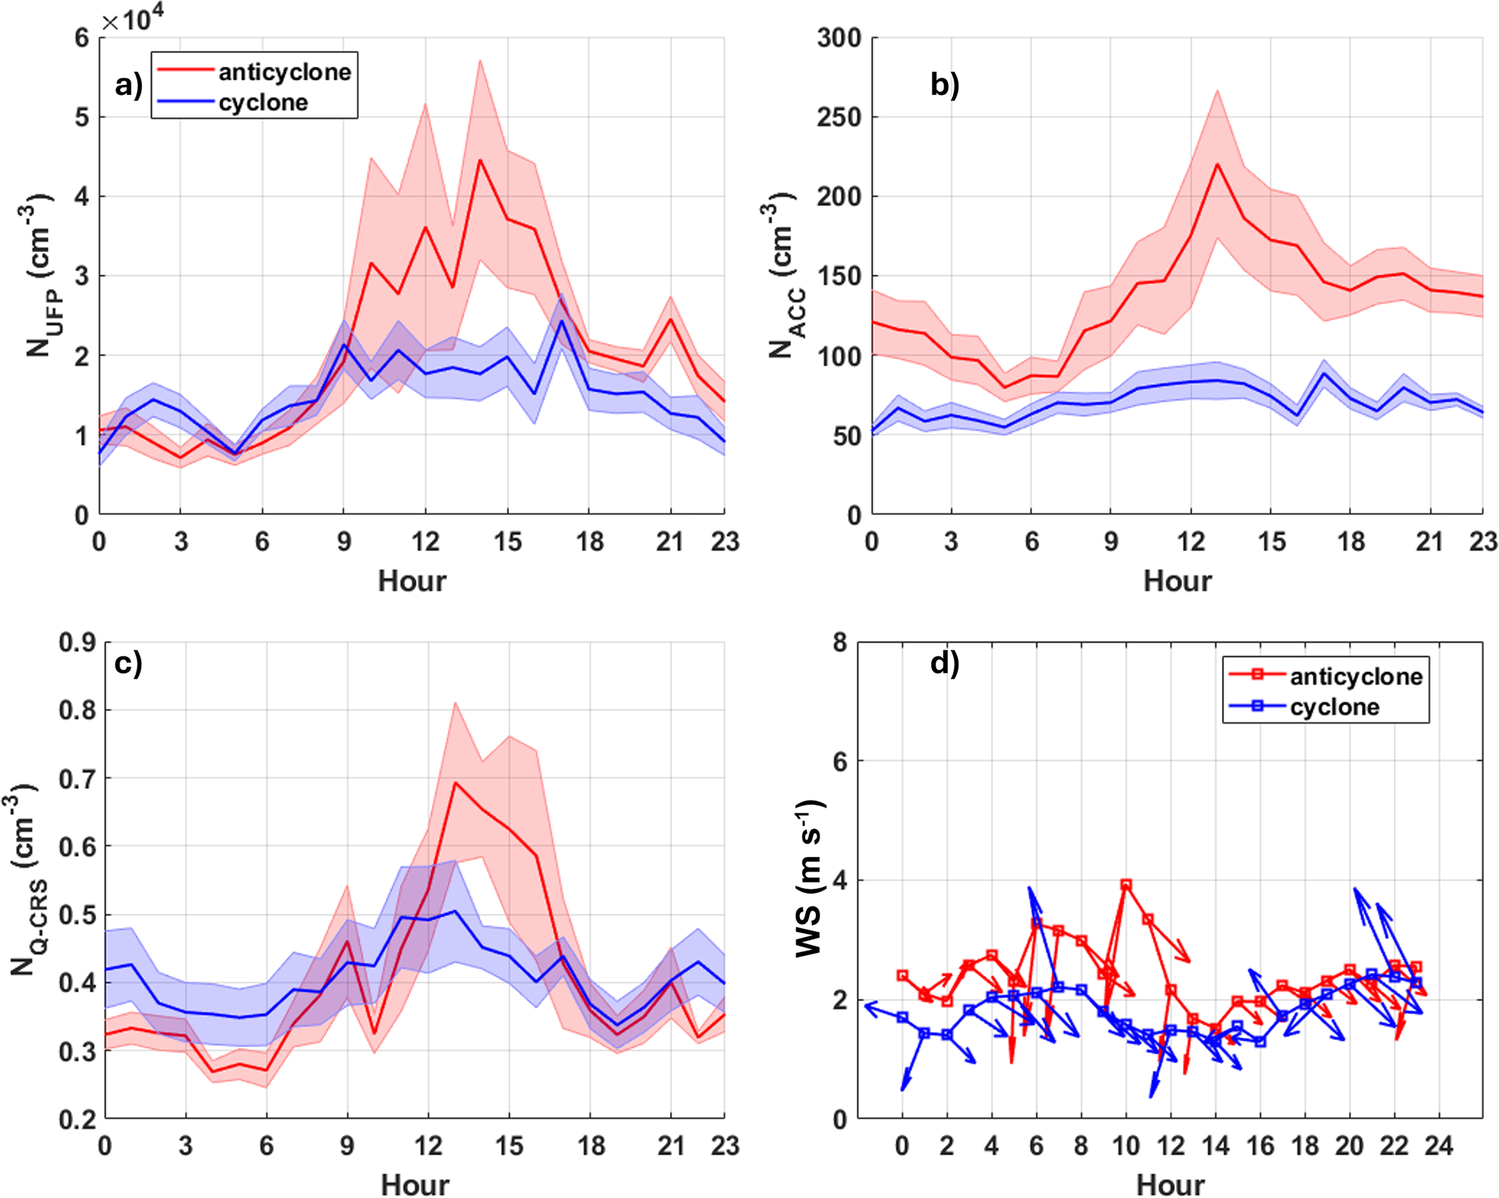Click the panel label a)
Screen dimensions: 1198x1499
pos(128,86)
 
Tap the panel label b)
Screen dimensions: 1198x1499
pos(944,85)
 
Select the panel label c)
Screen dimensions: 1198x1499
pos(128,663)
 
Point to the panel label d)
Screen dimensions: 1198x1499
pos(944,662)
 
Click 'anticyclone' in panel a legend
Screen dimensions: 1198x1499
pos(284,72)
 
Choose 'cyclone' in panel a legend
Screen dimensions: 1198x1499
pos(263,102)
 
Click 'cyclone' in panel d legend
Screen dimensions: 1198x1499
pos(1334,706)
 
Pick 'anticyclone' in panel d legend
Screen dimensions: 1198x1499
pos(1356,676)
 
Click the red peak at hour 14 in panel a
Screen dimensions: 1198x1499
pos(479,160)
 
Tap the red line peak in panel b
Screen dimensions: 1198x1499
pos(1216,164)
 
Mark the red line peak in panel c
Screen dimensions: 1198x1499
pos(455,782)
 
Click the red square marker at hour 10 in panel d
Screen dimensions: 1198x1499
pos(1126,885)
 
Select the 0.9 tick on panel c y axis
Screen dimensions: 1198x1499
pos(77,643)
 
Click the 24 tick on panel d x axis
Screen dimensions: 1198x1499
pos(1439,1146)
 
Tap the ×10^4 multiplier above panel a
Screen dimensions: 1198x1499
pos(133,20)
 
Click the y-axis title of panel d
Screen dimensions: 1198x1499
pos(809,879)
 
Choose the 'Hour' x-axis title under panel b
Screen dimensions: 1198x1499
pos(1176,581)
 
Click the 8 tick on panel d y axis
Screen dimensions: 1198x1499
pos(839,643)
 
